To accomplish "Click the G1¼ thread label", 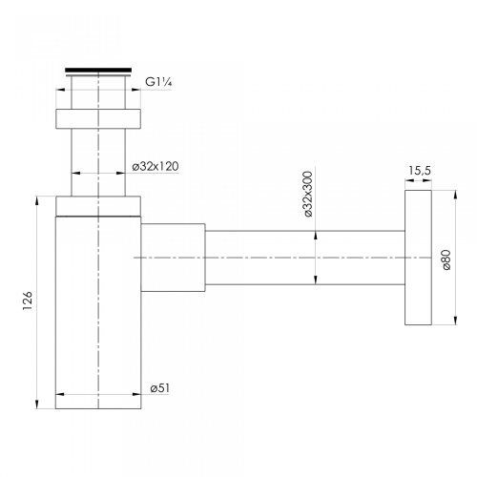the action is tap(158, 82).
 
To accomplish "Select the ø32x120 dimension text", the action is tap(156, 166).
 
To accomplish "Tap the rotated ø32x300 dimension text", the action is tap(308, 194).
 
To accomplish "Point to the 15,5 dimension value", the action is tap(420, 171).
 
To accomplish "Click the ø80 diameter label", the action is tap(446, 259).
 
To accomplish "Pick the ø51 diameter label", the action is tap(160, 388).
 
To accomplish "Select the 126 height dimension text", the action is tap(28, 301).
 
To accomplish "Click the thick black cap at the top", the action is tap(98, 71).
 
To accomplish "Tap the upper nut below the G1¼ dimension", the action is tap(98, 119).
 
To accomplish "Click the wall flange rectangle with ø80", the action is tap(418, 258).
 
